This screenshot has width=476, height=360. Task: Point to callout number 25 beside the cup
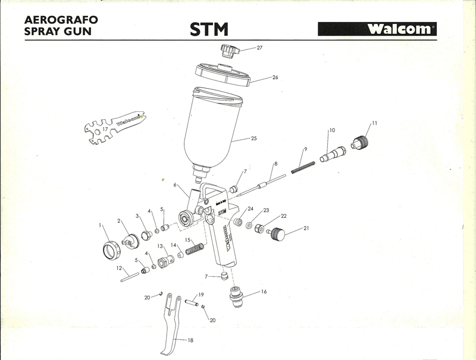(x=253, y=139)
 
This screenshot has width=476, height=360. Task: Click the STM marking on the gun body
(x=221, y=211)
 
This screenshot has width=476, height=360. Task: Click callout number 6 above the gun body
(x=176, y=185)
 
